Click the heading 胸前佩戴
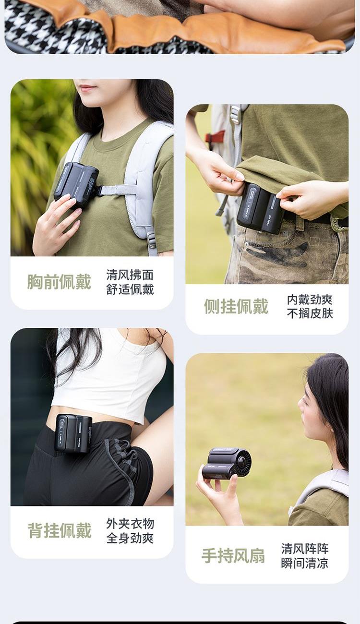click(59, 282)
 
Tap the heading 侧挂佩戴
click(236, 306)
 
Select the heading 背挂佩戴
click(60, 530)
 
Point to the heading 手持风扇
click(233, 556)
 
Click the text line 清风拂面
click(130, 275)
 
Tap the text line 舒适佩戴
click(130, 289)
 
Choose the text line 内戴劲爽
click(310, 300)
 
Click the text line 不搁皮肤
click(310, 313)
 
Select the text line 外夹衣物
click(130, 524)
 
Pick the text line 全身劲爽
click(130, 538)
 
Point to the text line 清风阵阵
click(305, 549)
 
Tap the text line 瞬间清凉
click(305, 563)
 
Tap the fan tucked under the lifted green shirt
click(260, 208)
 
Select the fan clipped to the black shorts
click(73, 433)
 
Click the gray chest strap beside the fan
click(118, 190)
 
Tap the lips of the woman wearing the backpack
click(87, 88)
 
